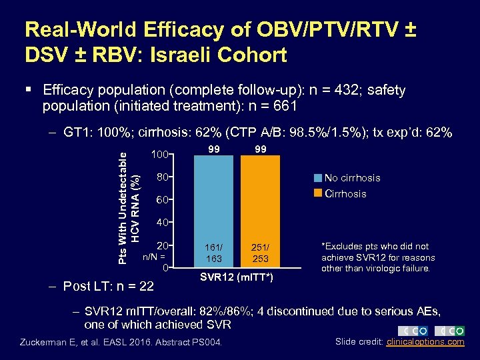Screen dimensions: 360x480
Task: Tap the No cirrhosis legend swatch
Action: pyautogui.click(x=319, y=177)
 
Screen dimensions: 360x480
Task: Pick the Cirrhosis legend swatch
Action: pyautogui.click(x=319, y=193)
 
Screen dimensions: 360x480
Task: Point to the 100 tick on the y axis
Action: pyautogui.click(x=159, y=155)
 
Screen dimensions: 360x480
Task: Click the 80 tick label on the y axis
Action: pyautogui.click(x=161, y=177)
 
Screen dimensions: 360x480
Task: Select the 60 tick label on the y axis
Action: pyautogui.click(x=161, y=200)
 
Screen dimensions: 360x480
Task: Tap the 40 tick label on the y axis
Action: pyautogui.click(x=161, y=223)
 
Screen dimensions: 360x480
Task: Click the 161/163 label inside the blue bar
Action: pyautogui.click(x=214, y=251)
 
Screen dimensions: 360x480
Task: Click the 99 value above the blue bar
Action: pyautogui.click(x=214, y=149)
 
